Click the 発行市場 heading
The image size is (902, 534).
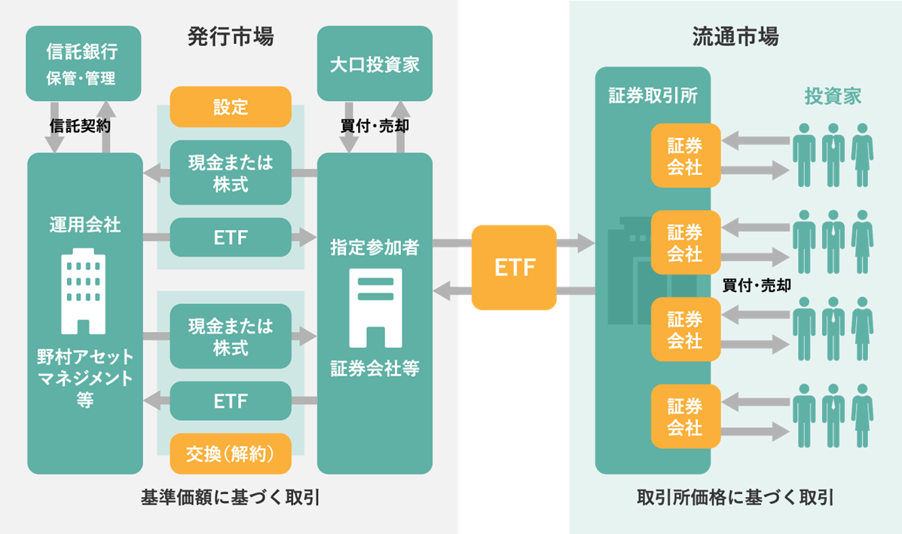pos(230,36)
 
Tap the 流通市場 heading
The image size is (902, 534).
pos(735,36)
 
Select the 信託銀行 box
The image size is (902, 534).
pos(84,64)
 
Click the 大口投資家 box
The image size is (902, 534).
pos(375,63)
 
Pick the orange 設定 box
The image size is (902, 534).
pos(231,106)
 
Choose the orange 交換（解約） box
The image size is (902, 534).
pos(231,453)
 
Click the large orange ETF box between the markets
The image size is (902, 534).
pos(514,268)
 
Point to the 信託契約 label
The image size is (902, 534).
pos(80,126)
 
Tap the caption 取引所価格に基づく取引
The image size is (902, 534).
pos(735,497)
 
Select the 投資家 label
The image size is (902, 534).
pos(833,97)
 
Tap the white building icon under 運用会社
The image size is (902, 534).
pos(84,290)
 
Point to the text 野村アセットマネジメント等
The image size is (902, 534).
pos(84,378)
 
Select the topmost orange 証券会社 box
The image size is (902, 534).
pos(685,156)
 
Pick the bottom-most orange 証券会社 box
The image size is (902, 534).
pos(685,417)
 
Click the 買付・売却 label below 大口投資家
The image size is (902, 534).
pos(375,126)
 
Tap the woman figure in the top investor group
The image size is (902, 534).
pos(862,155)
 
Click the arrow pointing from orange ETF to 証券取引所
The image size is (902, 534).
pos(576,242)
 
